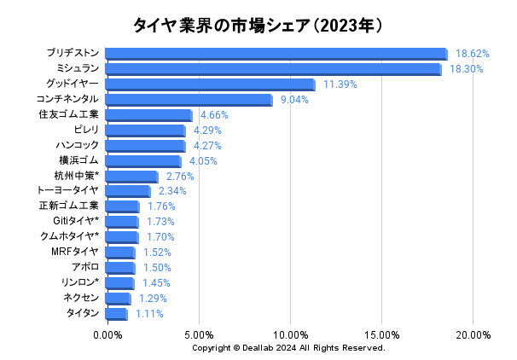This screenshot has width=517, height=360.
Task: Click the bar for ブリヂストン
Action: click(276, 54)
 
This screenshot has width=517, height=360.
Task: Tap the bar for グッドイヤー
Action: click(211, 84)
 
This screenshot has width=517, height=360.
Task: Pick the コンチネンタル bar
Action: click(189, 100)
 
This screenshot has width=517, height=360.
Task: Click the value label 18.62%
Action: click(472, 53)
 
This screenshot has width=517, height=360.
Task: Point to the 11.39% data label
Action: click(340, 84)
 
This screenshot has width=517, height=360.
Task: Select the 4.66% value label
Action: click(214, 115)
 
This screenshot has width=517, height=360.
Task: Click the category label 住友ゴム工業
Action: click(69, 113)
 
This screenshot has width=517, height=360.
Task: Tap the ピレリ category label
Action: click(86, 129)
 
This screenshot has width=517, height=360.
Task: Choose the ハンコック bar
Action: click(146, 146)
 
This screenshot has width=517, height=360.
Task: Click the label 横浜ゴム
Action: click(78, 160)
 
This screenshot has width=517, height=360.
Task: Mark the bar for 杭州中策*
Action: click(132, 177)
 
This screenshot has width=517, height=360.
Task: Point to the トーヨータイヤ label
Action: click(68, 190)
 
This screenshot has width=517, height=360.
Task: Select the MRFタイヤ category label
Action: click(75, 252)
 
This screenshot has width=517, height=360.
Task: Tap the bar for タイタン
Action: click(117, 314)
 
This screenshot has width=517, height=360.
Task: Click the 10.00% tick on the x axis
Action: click(290, 334)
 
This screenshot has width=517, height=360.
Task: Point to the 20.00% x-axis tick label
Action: click(473, 334)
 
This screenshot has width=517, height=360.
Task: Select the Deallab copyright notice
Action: click(288, 348)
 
